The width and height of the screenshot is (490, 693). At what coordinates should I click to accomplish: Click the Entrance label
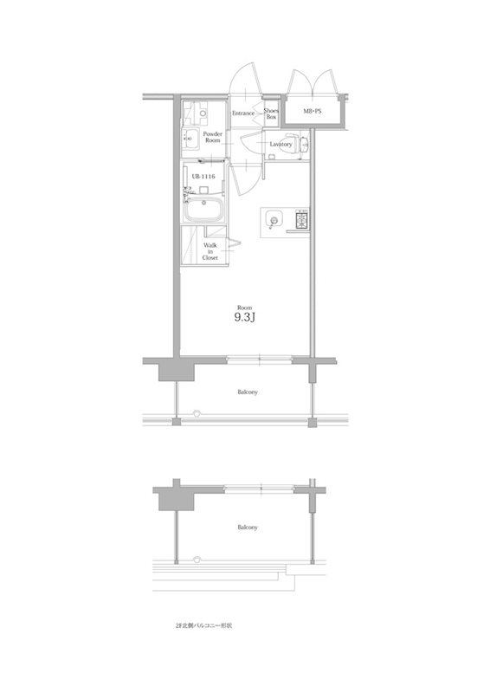click(242, 113)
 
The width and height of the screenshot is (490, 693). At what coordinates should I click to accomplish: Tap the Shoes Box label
click(270, 113)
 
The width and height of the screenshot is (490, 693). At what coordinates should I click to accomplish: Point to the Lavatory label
click(280, 144)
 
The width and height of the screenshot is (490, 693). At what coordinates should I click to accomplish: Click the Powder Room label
click(213, 137)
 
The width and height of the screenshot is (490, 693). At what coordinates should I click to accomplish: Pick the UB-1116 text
click(203, 176)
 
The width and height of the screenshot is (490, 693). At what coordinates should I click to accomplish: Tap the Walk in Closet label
click(210, 251)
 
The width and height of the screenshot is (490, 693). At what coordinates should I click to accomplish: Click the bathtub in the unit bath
click(205, 210)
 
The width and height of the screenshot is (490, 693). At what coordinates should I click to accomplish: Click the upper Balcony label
click(248, 392)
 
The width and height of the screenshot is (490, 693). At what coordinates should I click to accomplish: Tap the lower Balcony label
click(248, 527)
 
